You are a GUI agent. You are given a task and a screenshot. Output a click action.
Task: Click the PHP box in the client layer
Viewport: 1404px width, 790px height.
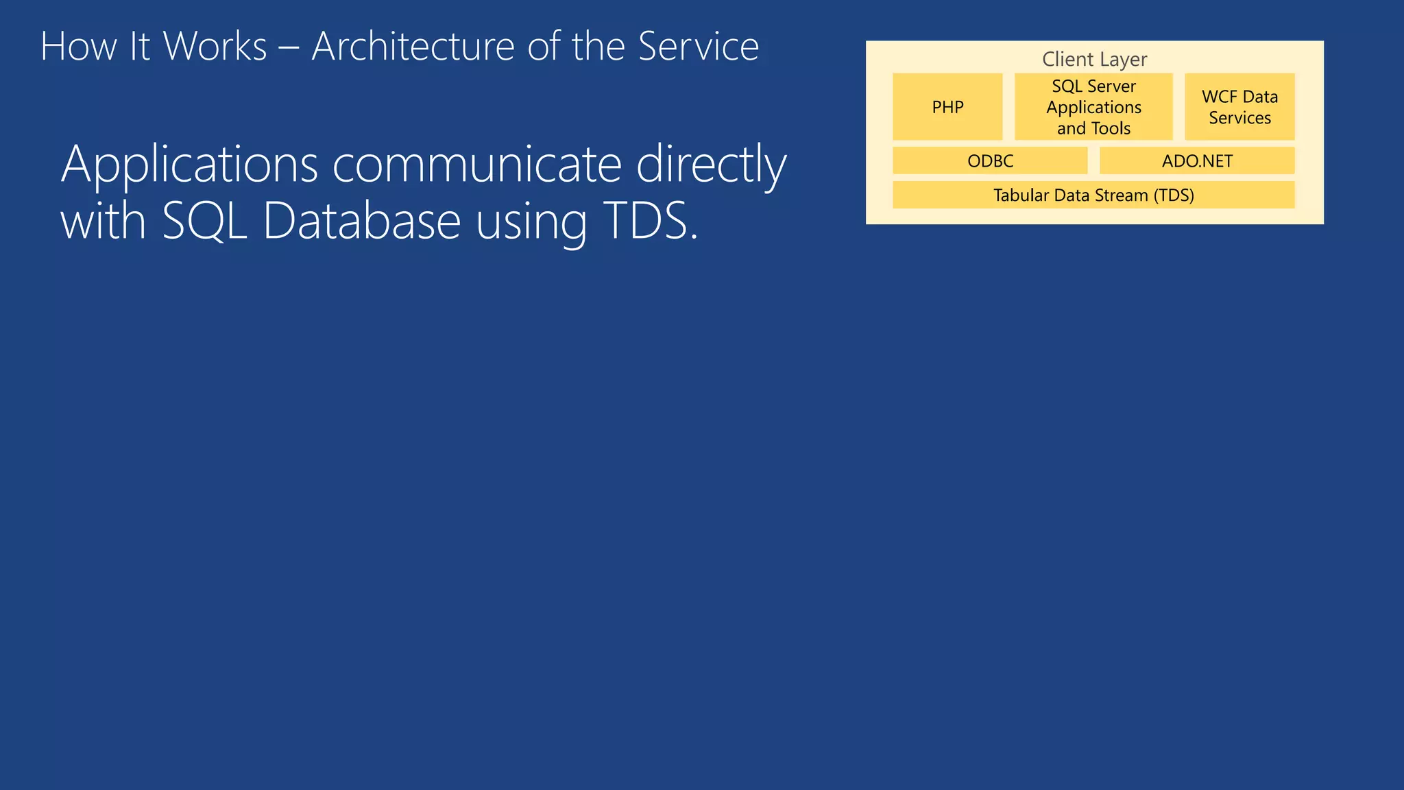point(947,107)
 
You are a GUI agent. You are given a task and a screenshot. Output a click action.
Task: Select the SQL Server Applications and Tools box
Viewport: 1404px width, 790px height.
point(1093,107)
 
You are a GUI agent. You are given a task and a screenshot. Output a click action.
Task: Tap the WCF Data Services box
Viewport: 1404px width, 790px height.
point(1239,107)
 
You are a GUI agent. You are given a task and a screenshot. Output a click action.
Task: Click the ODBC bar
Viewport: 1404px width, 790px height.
point(989,161)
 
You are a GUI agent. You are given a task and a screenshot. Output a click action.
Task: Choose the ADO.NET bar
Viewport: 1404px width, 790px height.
point(1196,161)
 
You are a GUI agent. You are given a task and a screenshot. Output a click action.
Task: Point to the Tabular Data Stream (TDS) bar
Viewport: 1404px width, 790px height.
point(1093,195)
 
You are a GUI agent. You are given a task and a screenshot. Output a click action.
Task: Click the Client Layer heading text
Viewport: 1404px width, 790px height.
point(1094,60)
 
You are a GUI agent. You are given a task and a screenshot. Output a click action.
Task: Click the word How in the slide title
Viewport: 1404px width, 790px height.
point(78,47)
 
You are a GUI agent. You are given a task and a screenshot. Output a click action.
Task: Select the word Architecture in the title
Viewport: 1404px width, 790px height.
point(413,47)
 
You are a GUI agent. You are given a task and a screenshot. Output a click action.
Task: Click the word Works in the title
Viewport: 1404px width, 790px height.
point(215,47)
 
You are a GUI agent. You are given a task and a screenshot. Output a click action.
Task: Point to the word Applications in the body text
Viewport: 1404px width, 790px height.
point(189,165)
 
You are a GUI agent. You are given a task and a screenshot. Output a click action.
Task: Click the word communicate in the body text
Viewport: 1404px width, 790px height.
point(476,165)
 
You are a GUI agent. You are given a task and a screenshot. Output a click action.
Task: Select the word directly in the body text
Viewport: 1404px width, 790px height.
point(711,165)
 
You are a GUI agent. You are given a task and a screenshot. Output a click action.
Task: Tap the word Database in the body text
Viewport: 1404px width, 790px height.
point(361,222)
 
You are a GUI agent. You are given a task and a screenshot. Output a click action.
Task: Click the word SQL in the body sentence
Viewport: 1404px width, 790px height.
point(204,222)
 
